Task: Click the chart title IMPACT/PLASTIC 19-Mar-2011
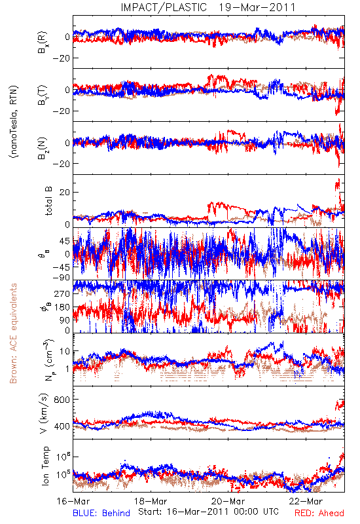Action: tap(208, 7)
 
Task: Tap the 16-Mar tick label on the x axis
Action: tap(73, 501)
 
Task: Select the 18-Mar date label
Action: tap(151, 501)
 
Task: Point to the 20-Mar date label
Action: tap(228, 501)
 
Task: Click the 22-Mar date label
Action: tap(306, 501)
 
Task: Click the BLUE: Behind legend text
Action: tap(101, 513)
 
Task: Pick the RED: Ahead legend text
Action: tap(319, 513)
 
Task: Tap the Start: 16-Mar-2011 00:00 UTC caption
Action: tap(208, 512)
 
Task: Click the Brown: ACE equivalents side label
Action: tap(13, 333)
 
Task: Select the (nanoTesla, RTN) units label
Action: tap(14, 122)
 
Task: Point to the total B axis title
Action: tap(48, 201)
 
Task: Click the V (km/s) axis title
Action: tap(44, 413)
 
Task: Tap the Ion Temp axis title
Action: tap(45, 466)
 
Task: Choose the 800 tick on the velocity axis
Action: tap(62, 400)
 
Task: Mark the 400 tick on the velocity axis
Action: tap(62, 426)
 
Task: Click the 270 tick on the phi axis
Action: tap(62, 293)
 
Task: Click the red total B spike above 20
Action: tap(338, 185)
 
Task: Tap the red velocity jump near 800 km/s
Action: tap(340, 405)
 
